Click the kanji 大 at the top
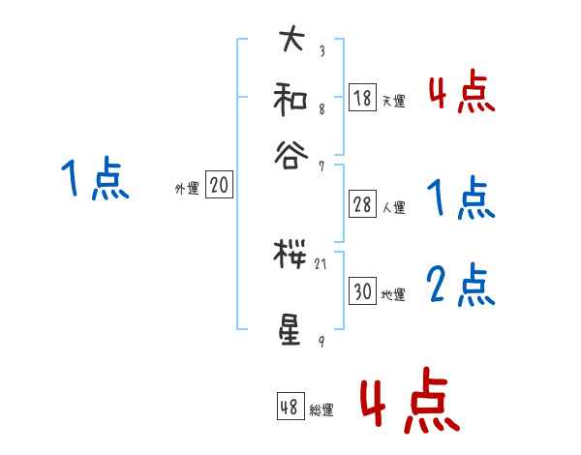click(x=290, y=41)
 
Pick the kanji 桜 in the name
click(x=290, y=256)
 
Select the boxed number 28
click(x=362, y=203)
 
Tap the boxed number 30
click(x=362, y=291)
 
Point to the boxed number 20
click(x=219, y=186)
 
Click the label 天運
click(x=393, y=101)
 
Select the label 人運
click(x=393, y=207)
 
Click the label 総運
click(x=321, y=410)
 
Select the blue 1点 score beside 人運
click(x=461, y=198)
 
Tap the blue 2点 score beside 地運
click(x=461, y=287)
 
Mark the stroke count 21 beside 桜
click(x=321, y=262)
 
